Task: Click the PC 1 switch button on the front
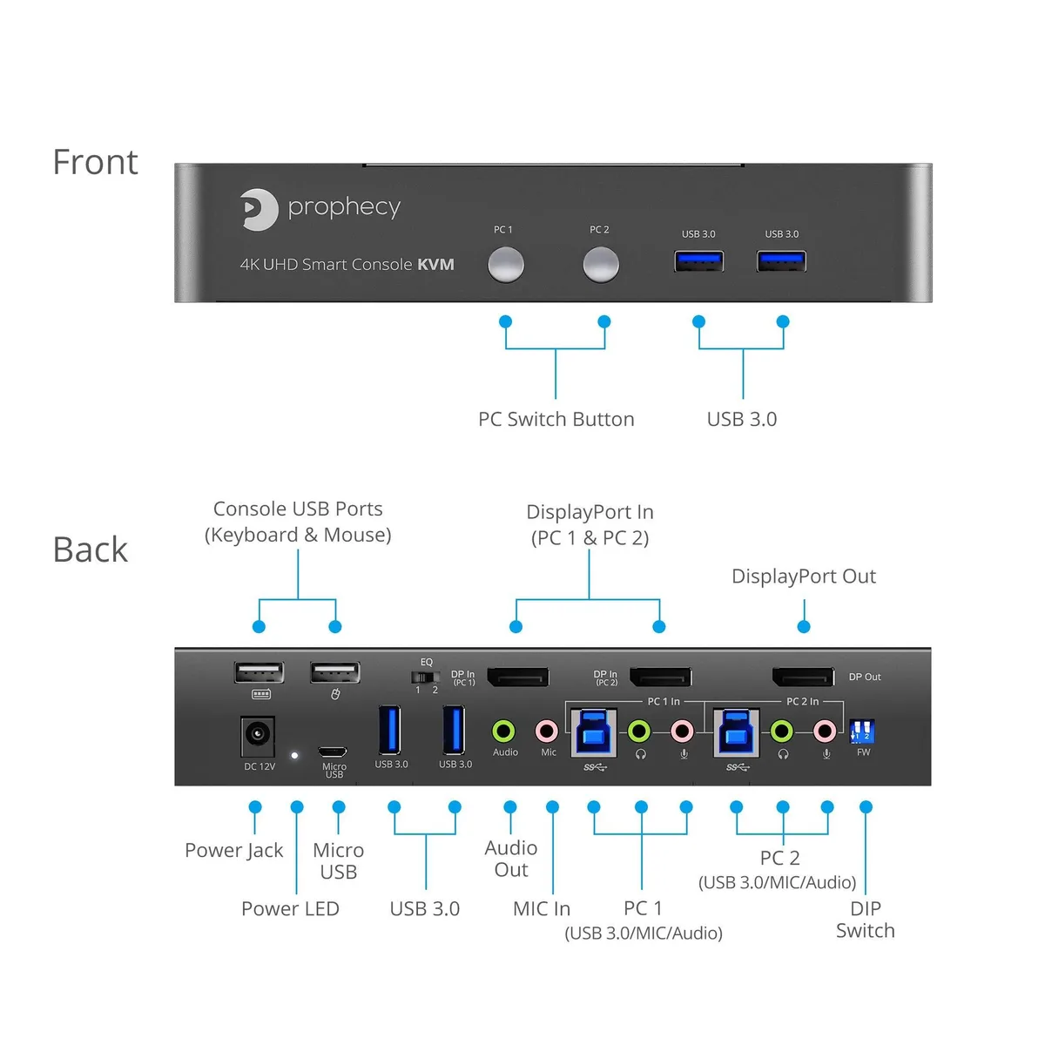click(505, 265)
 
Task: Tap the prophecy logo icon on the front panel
click(259, 209)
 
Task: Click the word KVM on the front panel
click(435, 265)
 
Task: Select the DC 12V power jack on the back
click(257, 735)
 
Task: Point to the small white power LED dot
click(294, 755)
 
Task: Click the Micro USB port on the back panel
click(333, 752)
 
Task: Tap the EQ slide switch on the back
click(425, 677)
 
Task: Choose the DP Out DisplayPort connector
click(803, 678)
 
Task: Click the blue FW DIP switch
click(862, 731)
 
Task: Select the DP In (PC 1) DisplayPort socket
click(518, 678)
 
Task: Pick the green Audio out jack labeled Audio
click(504, 731)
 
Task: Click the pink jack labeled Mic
click(547, 731)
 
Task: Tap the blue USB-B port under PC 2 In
click(736, 732)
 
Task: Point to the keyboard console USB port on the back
click(259, 673)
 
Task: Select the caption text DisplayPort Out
click(804, 576)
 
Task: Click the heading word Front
click(96, 162)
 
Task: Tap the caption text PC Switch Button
click(556, 419)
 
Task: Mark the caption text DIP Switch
click(865, 920)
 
